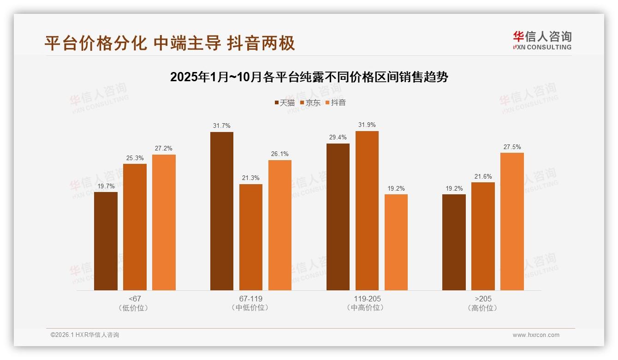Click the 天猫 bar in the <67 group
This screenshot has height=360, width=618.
(x=106, y=241)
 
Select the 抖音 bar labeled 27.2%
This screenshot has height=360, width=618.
(x=164, y=222)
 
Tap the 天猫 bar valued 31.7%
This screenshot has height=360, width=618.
(x=222, y=211)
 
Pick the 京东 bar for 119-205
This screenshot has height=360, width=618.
(x=367, y=210)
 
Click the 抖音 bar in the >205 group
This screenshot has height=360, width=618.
(x=512, y=222)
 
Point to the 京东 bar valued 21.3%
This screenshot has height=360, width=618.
(x=251, y=237)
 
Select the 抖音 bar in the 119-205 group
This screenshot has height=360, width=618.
(x=396, y=242)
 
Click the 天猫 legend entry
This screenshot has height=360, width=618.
(x=285, y=103)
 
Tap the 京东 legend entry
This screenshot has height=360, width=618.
(x=310, y=103)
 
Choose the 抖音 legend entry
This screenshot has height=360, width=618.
(x=336, y=103)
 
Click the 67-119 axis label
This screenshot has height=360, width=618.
(x=251, y=299)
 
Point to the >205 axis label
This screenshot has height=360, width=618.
(x=483, y=299)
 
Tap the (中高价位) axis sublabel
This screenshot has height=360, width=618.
(x=367, y=308)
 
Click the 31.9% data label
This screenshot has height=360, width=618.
(x=367, y=125)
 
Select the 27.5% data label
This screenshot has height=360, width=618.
(x=512, y=147)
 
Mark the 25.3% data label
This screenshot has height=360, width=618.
(x=135, y=158)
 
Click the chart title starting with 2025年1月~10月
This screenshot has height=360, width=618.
(x=309, y=77)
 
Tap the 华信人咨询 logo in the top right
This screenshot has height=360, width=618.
(x=542, y=40)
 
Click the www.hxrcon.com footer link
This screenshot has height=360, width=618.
(x=536, y=335)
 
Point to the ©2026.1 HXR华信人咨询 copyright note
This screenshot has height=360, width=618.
(x=85, y=335)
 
